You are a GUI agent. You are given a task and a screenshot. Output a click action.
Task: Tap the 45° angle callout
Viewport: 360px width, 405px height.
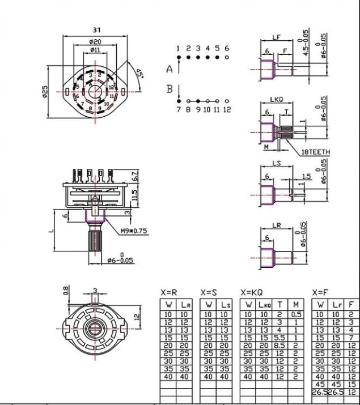click(x=139, y=75)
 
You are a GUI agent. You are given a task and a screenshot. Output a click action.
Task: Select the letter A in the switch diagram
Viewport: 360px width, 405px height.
click(x=169, y=70)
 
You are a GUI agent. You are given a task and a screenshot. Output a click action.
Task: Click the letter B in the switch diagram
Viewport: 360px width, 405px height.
click(x=169, y=88)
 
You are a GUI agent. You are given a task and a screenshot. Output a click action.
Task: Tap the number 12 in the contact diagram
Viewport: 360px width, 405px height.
click(x=227, y=109)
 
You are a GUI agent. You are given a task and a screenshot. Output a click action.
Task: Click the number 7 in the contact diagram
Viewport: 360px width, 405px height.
click(x=179, y=109)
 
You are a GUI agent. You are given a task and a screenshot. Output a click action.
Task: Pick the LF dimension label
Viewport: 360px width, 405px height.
click(x=276, y=37)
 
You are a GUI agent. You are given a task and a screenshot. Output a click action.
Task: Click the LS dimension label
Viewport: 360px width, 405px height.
click(x=276, y=163)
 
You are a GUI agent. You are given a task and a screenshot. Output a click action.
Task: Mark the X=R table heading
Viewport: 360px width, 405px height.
click(x=169, y=293)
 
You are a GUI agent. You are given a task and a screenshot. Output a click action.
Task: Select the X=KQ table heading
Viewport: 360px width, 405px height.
click(x=252, y=293)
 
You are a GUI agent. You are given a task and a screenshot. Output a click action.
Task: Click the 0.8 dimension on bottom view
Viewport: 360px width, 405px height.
click(x=66, y=290)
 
